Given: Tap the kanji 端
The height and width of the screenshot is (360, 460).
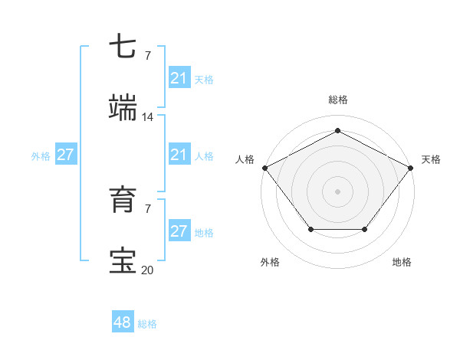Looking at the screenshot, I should (x=123, y=108).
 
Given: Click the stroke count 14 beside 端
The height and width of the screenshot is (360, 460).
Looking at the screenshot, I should (x=148, y=116).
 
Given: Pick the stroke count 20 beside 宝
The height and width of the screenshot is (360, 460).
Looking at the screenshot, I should (x=148, y=270).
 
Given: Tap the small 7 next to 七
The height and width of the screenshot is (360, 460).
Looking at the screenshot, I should (x=148, y=55).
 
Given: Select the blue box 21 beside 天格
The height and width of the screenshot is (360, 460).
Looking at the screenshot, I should (x=179, y=78).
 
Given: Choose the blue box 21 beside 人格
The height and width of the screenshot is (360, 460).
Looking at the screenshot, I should (x=179, y=155).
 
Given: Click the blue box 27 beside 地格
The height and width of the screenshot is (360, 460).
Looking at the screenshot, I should (x=179, y=231).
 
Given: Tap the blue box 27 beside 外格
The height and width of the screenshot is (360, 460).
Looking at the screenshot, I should (x=66, y=155).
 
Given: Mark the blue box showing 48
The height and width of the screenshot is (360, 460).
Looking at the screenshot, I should (x=123, y=322).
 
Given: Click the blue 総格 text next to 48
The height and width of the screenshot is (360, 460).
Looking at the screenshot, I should (x=147, y=324).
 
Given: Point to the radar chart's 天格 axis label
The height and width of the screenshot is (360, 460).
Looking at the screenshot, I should (x=431, y=159).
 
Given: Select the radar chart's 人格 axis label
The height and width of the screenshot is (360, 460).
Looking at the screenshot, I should (x=245, y=159).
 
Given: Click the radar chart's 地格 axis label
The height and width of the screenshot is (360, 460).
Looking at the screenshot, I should (x=402, y=262).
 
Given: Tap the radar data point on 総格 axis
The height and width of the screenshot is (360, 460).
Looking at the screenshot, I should (x=337, y=131).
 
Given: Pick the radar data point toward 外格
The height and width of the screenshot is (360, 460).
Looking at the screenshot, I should (x=310, y=229).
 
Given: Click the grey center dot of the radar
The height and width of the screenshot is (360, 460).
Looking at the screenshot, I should (x=337, y=191).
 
